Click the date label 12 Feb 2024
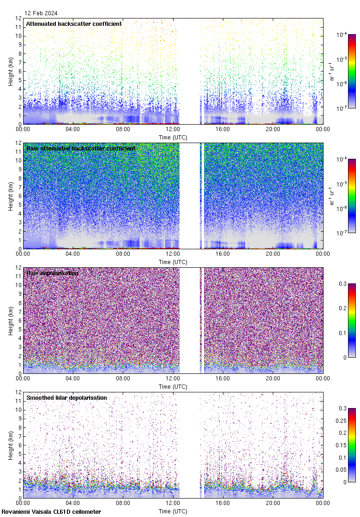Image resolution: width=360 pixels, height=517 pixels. pyautogui.click(x=41, y=13)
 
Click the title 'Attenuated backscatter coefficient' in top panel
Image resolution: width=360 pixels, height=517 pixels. pyautogui.click(x=74, y=24)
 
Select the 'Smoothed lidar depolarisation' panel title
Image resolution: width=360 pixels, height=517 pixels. pyautogui.click(x=66, y=397)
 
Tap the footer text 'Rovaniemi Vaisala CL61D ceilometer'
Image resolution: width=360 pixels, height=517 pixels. pyautogui.click(x=51, y=511)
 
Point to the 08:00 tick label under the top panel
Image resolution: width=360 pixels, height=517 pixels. pyautogui.click(x=123, y=129)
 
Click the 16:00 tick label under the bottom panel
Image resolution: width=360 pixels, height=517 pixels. pyautogui.click(x=223, y=503)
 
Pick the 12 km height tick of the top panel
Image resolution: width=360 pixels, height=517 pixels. pyautogui.click(x=19, y=18)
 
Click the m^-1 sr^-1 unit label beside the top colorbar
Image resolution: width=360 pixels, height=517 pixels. pyautogui.click(x=332, y=71)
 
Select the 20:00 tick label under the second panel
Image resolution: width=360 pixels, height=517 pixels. pyautogui.click(x=273, y=254)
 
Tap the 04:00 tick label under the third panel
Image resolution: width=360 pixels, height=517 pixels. pyautogui.click(x=73, y=379)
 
